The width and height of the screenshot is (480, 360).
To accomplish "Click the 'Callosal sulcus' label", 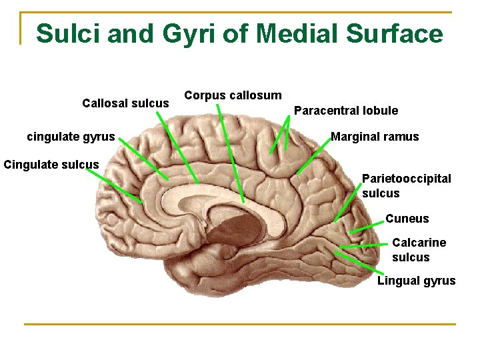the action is (x=125, y=103).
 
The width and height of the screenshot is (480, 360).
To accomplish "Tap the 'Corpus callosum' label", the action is (x=233, y=95).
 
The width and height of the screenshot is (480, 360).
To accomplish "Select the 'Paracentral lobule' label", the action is (x=345, y=111).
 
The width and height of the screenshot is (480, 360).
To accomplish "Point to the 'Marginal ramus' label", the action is (x=375, y=137).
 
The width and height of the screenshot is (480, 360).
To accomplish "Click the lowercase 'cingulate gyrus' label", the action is (x=71, y=137).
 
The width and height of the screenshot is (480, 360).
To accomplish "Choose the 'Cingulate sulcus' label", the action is (x=51, y=164).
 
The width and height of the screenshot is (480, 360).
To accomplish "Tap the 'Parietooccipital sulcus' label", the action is (x=406, y=186).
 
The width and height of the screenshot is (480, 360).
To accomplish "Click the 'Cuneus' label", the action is (x=407, y=219).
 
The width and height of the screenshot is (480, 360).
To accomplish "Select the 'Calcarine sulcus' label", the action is (x=419, y=250).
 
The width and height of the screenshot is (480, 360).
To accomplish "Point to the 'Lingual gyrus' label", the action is (x=416, y=281).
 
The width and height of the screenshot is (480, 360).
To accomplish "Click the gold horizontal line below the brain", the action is (x=240, y=325).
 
